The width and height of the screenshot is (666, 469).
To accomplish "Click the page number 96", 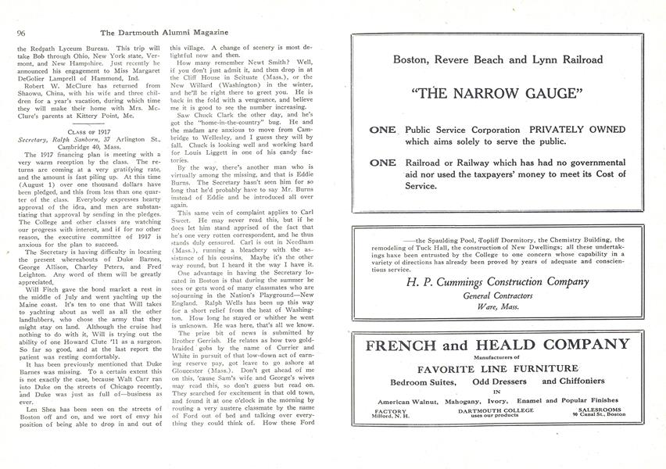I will [21, 32].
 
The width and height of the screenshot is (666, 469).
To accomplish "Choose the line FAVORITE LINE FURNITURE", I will [498, 369].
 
